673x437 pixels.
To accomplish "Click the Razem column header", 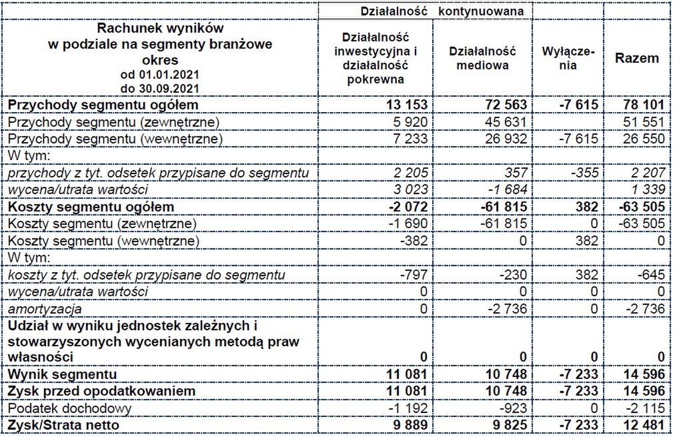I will click(x=636, y=58).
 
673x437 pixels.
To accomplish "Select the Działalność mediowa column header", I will click(x=482, y=58).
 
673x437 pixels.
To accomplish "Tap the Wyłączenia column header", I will click(x=568, y=58).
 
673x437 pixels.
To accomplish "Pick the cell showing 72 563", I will click(x=507, y=105).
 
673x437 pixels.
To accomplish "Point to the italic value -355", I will click(x=584, y=173).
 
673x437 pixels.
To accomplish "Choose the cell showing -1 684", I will click(x=510, y=189).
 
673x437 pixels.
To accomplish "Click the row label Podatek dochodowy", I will click(x=69, y=407).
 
